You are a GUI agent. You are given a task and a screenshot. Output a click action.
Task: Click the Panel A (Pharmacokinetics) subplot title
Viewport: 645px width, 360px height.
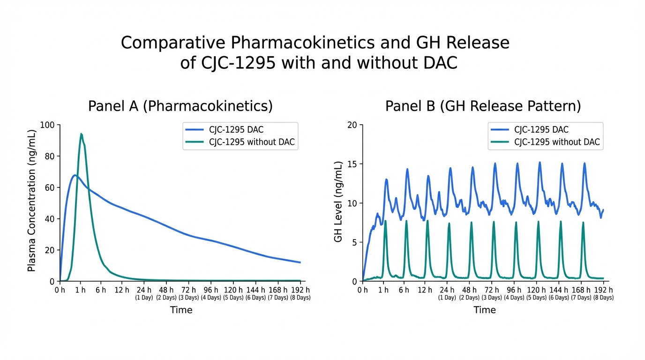coord(180,106)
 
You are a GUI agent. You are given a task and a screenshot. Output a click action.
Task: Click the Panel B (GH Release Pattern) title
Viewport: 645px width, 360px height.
coord(483,106)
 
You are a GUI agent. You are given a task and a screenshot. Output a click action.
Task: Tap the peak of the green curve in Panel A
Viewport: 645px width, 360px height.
coord(81,134)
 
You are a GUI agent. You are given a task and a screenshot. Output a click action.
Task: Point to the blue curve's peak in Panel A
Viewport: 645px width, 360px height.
coord(75,175)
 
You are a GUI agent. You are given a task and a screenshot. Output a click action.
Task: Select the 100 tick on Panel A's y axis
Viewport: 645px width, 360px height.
coord(48,125)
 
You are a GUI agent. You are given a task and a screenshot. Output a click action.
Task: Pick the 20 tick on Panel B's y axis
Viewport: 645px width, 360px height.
coord(352,125)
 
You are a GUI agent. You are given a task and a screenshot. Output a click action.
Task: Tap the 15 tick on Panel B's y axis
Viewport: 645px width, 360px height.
coord(352,164)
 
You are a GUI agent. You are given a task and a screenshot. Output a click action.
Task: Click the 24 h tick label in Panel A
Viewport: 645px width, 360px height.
coord(144,290)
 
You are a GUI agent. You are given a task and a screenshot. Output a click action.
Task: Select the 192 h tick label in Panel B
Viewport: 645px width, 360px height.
coord(603,290)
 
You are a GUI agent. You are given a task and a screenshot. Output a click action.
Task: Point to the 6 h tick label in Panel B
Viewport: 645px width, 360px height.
coord(404,290)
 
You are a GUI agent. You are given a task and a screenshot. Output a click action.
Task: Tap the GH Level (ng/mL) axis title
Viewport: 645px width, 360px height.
coord(338,202)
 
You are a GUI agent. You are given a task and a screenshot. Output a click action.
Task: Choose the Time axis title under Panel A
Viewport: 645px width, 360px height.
coord(181,310)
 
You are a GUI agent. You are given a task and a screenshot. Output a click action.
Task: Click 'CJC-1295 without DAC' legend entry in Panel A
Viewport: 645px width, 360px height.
coord(252,142)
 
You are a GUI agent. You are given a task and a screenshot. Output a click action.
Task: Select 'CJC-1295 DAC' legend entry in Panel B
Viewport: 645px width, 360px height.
coord(541,130)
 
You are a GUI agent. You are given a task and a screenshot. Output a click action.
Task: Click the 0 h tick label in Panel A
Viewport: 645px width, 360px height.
coord(60,290)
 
